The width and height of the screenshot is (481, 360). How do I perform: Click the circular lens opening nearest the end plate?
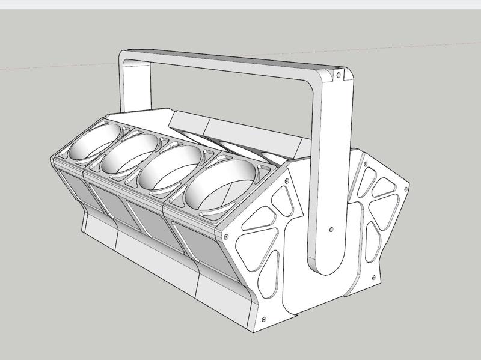(220, 183)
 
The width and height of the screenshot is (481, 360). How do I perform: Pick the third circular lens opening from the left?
(171, 166)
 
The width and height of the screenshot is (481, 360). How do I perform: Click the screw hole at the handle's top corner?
(338, 75)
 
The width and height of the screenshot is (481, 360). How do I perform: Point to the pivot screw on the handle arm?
(332, 229)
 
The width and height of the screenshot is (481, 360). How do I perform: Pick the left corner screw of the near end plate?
(225, 236)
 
